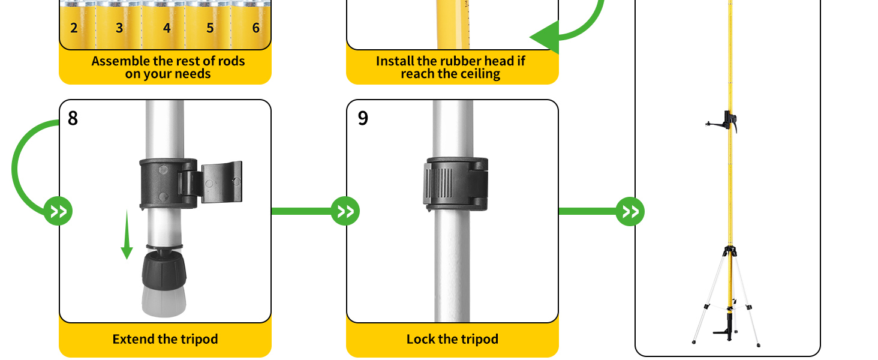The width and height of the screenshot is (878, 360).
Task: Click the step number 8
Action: point(73,118)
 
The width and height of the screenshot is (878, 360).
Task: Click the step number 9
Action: point(363,118)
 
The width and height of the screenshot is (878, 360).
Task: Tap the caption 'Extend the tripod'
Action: point(165,339)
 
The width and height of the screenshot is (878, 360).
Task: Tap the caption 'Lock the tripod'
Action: point(452,339)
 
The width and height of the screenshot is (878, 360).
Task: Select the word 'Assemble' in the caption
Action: point(119,61)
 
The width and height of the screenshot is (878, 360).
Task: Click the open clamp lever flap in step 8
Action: point(221,182)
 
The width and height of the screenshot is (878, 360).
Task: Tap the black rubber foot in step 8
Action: point(164,270)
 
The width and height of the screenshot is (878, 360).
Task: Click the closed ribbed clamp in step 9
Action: point(456,184)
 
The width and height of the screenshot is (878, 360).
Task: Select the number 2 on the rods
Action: point(74,28)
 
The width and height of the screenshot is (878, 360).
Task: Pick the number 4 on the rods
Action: point(167,28)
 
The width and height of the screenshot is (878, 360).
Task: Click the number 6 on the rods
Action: point(256,28)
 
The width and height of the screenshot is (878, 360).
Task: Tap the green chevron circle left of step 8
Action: point(58,211)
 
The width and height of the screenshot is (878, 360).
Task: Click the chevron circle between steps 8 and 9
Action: point(345,211)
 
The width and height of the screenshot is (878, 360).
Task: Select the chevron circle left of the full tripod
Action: point(630,211)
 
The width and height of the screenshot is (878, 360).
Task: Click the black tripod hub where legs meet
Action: point(730,251)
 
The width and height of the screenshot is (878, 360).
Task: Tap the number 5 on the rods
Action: point(210,28)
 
